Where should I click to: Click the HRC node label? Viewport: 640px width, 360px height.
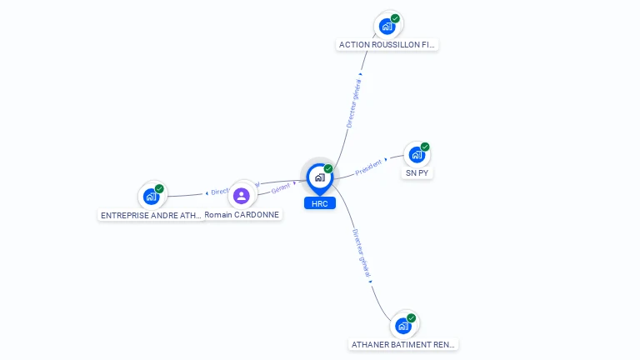coord(319,203)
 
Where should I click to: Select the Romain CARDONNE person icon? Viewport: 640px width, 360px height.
coord(242,196)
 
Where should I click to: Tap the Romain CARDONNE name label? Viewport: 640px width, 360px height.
coord(242,214)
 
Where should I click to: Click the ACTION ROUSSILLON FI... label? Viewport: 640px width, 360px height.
coord(387,44)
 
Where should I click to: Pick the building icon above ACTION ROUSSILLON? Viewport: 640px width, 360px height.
coord(387,26)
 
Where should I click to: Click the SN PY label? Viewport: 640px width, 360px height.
coord(417,173)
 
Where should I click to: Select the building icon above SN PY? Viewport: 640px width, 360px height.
coord(417,155)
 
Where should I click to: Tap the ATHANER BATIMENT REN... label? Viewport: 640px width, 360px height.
coord(403,344)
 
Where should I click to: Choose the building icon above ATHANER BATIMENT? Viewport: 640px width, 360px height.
coord(403,326)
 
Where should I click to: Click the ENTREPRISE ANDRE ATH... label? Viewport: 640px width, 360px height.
coord(151,215)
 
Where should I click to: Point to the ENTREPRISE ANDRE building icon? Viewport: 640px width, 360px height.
coord(151,197)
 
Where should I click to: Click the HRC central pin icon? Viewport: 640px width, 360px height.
coord(319,177)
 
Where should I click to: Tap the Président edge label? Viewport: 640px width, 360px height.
coord(368,167)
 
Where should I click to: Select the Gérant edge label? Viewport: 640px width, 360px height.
coord(280,189)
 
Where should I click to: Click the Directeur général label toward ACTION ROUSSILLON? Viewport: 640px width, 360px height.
coord(354,104)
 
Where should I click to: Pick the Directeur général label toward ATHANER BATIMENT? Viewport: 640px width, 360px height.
coord(361,253)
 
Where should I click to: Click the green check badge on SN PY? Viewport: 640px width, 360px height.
coord(425,147)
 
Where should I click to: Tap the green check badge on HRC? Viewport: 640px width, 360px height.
coord(328,169)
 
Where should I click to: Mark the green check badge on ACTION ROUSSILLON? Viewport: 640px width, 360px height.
coord(395,18)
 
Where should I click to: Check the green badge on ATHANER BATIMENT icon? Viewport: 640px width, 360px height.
coord(412,317)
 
